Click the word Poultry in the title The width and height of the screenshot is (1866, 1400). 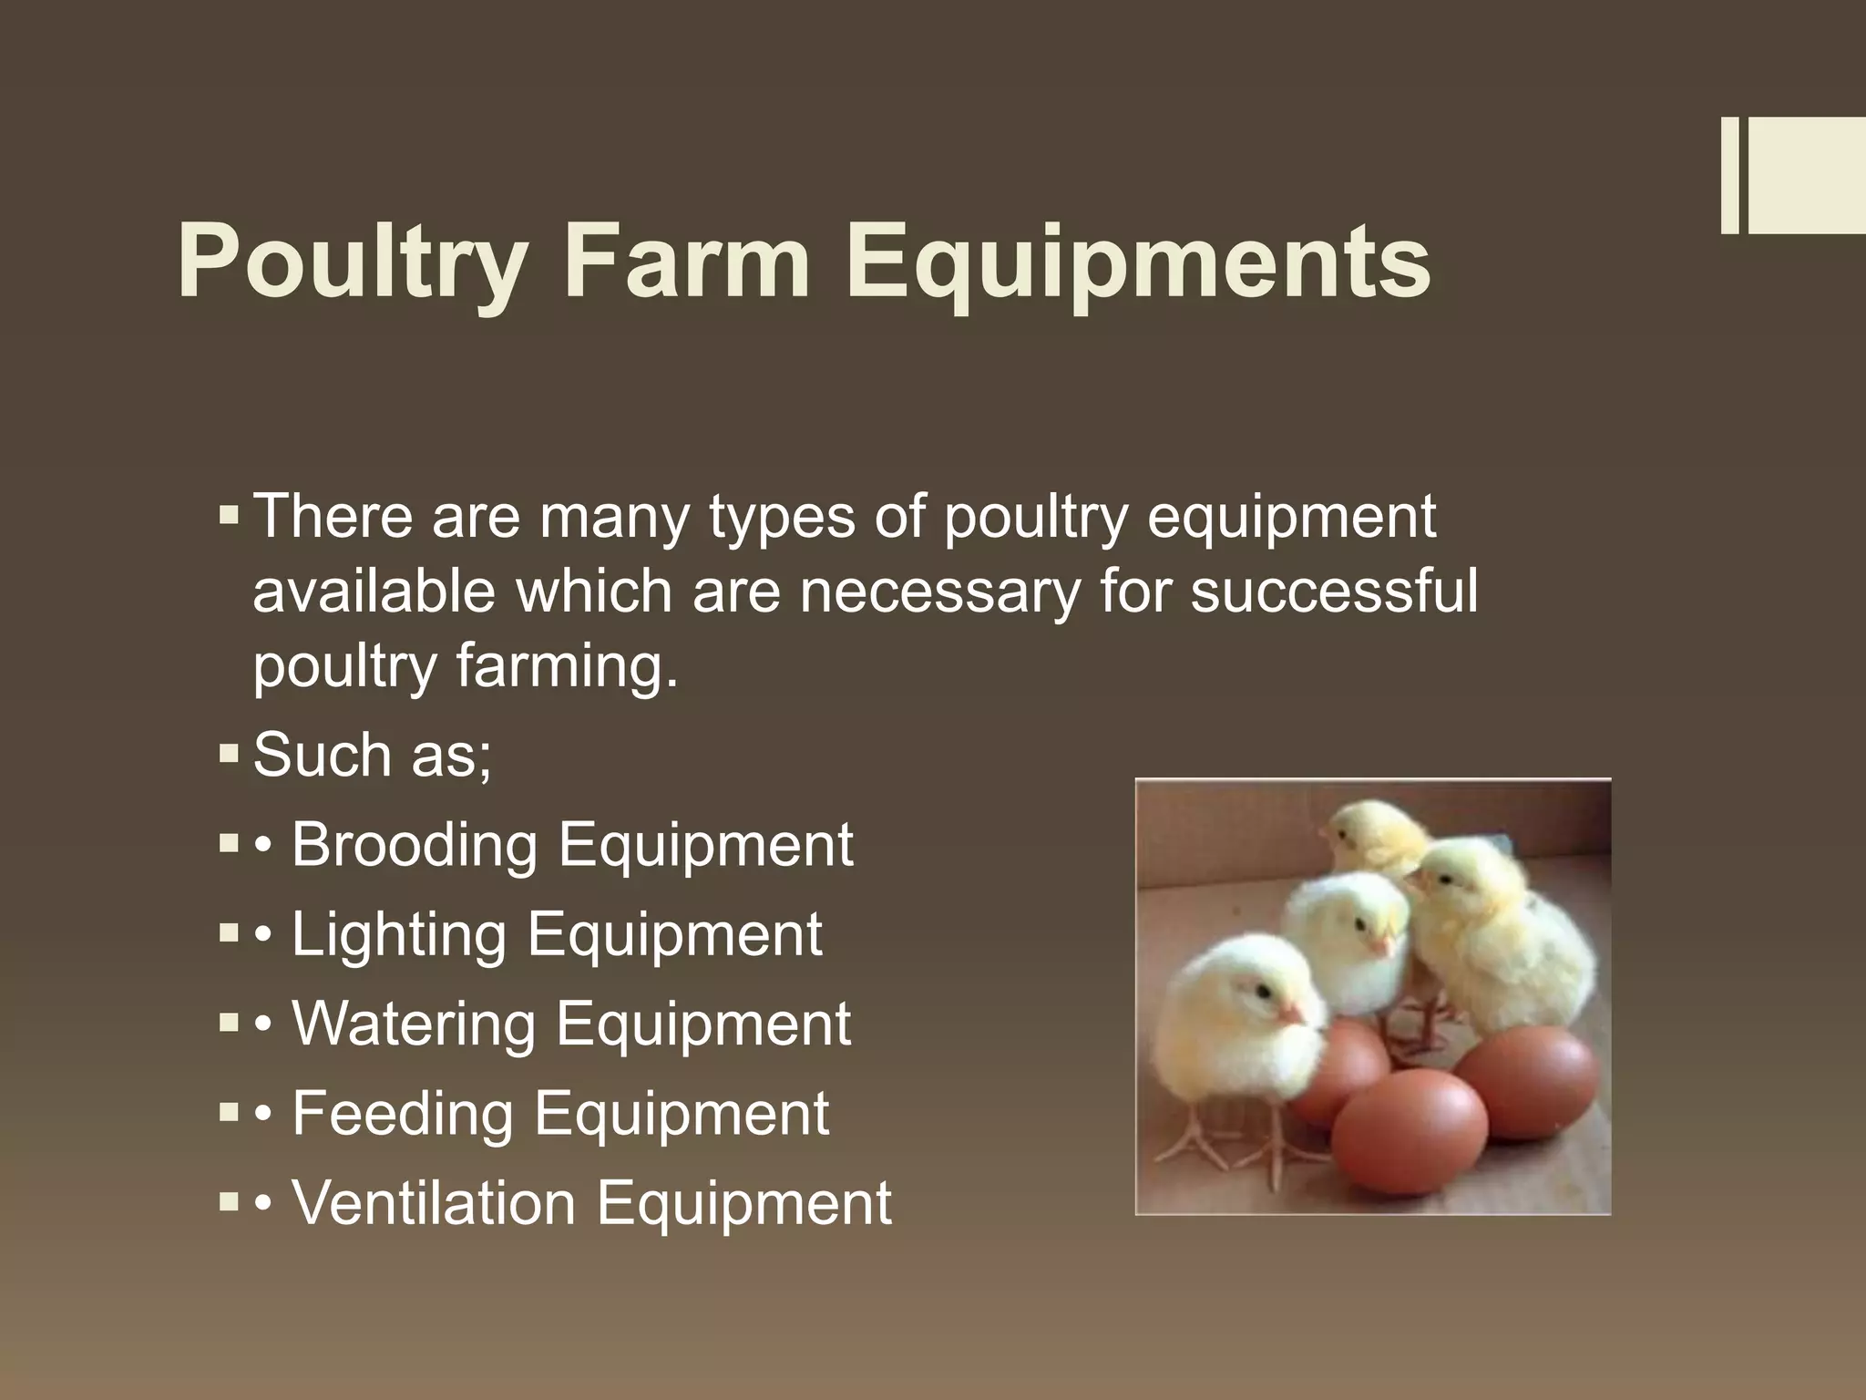tap(352, 262)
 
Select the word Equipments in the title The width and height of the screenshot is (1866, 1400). tap(1138, 262)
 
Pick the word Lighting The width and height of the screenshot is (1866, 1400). tap(399, 934)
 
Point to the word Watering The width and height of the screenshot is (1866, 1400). tap(414, 1024)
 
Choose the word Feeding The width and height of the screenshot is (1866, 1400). tap(402, 1113)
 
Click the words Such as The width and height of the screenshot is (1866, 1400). tap(372, 756)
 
